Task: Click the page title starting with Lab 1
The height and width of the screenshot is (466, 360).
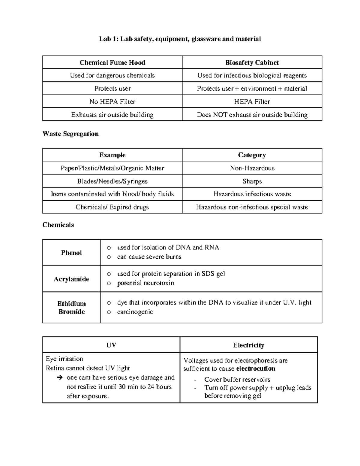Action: click(x=180, y=39)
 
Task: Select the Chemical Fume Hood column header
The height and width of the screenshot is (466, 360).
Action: click(x=112, y=62)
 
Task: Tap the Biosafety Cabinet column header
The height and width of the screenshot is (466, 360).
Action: click(x=252, y=62)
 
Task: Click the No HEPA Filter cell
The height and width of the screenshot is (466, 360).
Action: click(x=112, y=102)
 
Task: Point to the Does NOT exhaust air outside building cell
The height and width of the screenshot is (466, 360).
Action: click(x=252, y=115)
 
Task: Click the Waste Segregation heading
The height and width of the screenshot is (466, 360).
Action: click(x=70, y=134)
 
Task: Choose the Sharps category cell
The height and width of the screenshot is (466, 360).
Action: click(x=252, y=181)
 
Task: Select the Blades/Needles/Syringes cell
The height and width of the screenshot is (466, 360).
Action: click(x=112, y=181)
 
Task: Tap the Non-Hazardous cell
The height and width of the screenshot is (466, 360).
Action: click(x=252, y=168)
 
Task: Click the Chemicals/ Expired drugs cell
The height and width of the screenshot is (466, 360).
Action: click(x=112, y=207)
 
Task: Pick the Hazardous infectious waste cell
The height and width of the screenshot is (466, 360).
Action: click(x=252, y=194)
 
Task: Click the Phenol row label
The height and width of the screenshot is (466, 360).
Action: click(x=71, y=253)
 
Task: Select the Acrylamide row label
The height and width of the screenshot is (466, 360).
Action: click(x=71, y=279)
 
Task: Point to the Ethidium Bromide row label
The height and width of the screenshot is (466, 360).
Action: click(x=71, y=308)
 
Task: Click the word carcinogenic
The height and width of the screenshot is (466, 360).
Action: click(x=135, y=312)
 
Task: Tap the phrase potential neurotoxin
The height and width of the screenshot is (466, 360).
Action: click(x=145, y=283)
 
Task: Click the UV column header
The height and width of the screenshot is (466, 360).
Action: click(x=111, y=345)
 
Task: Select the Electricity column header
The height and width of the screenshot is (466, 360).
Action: click(x=248, y=345)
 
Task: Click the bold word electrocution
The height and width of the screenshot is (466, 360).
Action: click(x=256, y=368)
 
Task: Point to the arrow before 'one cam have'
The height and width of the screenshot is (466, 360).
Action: click(x=59, y=377)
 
